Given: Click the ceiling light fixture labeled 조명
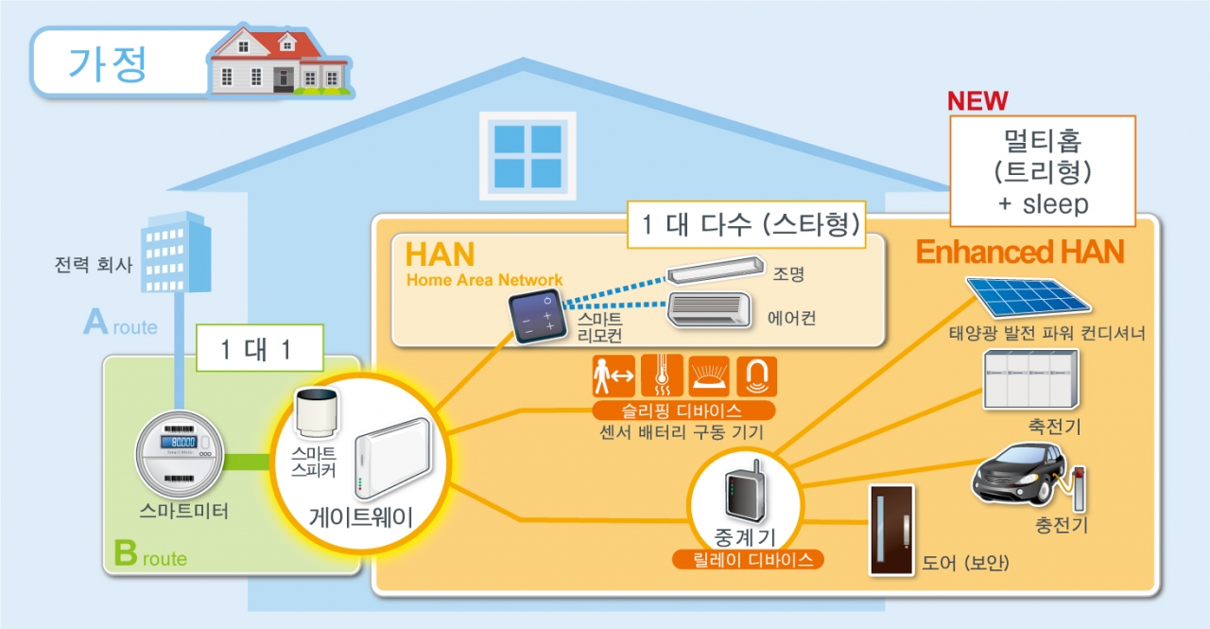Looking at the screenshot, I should [714, 272].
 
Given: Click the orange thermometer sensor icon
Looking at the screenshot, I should [661, 376].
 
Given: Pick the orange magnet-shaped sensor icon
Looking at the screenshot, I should [756, 376].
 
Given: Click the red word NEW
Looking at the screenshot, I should [977, 101].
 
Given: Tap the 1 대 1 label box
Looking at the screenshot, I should [259, 348].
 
